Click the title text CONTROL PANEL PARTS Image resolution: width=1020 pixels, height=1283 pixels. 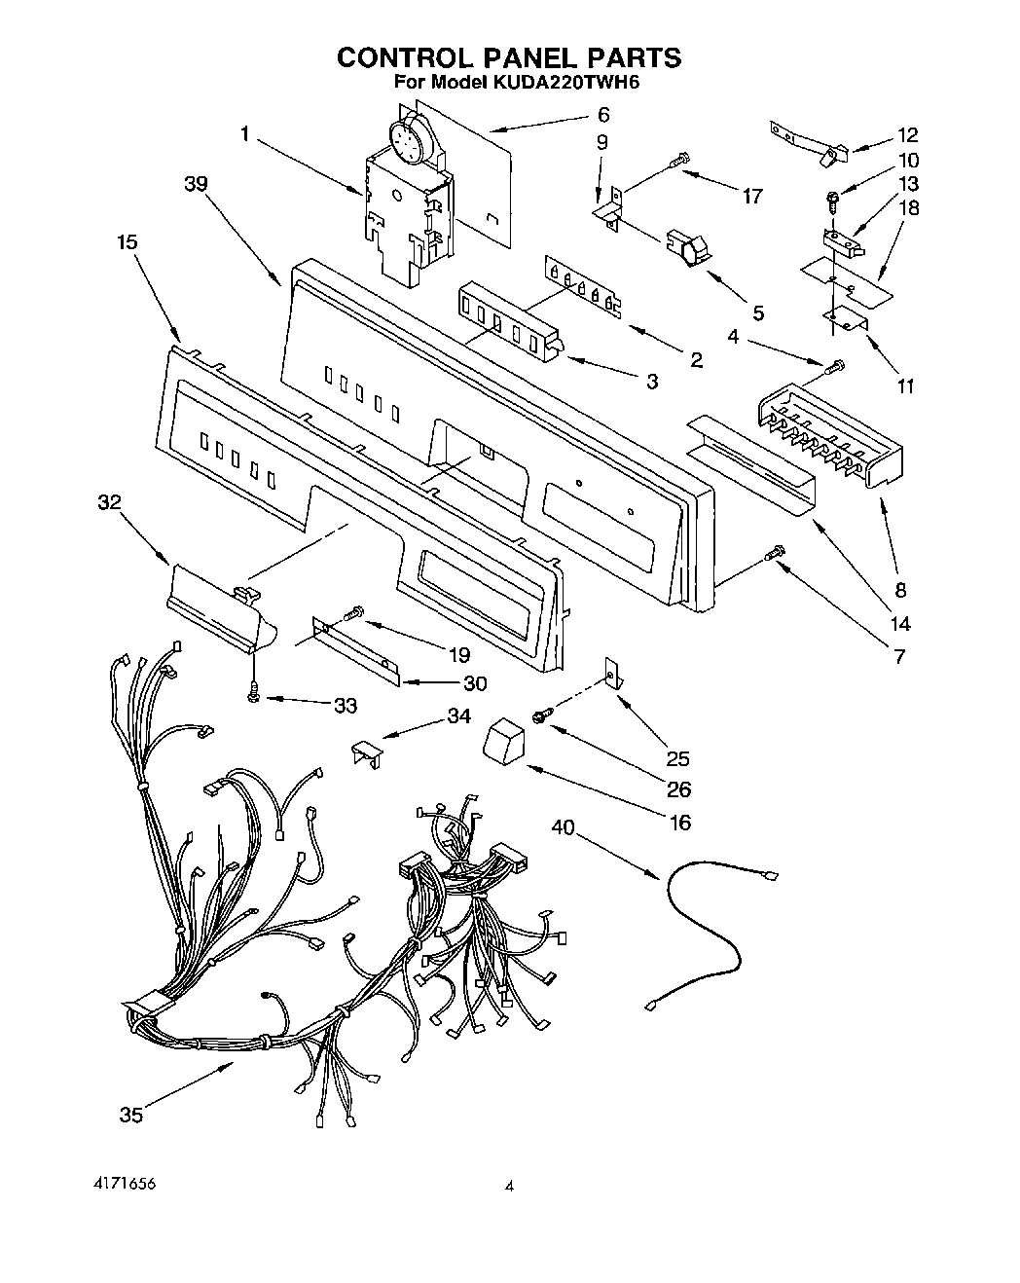coord(509,57)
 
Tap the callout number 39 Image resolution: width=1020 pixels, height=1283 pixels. coord(196,184)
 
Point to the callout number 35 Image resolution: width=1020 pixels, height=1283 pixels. coord(130,1116)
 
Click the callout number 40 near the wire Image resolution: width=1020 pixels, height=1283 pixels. coord(563,827)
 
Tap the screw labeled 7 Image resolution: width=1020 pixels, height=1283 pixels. coord(775,554)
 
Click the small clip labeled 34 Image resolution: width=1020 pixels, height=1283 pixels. coord(366,751)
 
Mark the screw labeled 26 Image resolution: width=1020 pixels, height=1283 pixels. coord(541,716)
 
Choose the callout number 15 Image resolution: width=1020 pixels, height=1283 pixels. coord(127,242)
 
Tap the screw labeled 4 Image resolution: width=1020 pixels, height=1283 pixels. coord(833,368)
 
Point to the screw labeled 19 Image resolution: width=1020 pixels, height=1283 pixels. coord(352,612)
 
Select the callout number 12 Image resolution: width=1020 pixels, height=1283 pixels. coord(907,135)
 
